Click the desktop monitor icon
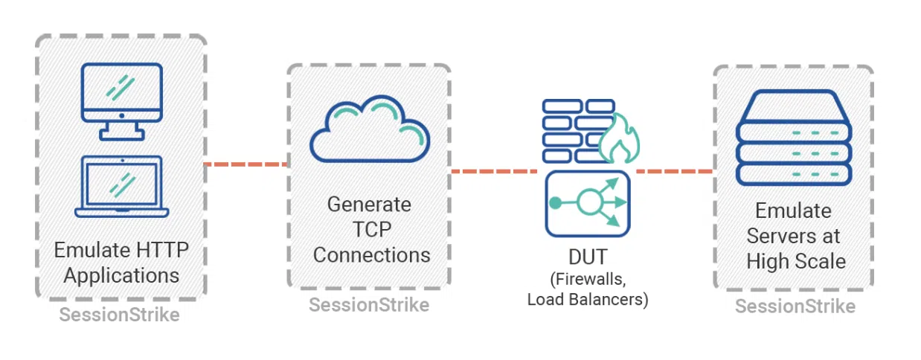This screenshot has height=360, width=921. [x=122, y=101]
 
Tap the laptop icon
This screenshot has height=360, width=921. [x=122, y=186]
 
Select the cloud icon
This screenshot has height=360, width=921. [x=370, y=129]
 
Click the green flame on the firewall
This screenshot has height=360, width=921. [x=620, y=140]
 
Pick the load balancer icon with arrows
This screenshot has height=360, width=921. [x=588, y=203]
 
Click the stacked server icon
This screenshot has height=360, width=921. [x=794, y=138]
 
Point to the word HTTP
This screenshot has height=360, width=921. [x=162, y=250]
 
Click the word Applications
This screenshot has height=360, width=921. [x=121, y=275]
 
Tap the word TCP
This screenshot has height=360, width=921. [x=372, y=229]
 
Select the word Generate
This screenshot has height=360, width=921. [x=369, y=205]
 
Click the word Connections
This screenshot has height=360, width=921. [x=372, y=255]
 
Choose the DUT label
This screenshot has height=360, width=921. [x=588, y=257]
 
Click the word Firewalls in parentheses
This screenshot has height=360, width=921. [x=588, y=280]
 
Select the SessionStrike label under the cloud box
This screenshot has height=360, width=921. [x=369, y=305]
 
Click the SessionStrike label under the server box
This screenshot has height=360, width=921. [x=795, y=306]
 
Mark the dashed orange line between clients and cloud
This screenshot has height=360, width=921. [x=246, y=164]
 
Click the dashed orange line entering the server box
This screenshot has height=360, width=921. [x=674, y=171]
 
